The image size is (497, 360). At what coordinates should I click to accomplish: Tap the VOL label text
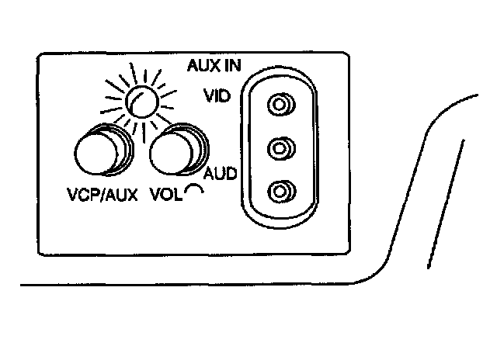(x=164, y=194)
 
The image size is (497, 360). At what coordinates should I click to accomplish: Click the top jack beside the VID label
(x=280, y=104)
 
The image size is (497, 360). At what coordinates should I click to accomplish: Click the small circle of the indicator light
(x=141, y=101)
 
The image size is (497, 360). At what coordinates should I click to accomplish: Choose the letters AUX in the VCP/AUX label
(x=121, y=194)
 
